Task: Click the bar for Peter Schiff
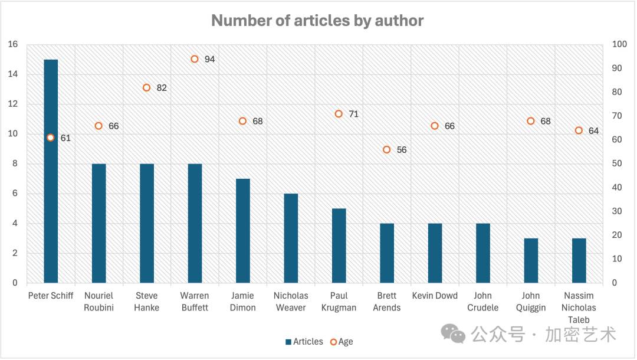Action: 51,171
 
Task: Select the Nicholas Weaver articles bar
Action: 291,238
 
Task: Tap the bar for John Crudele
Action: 483,253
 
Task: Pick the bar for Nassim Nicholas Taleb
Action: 579,260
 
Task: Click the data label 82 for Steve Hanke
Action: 162,88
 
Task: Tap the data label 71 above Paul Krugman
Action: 353,114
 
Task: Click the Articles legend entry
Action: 304,342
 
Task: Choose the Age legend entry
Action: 342,342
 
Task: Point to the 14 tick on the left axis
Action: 12,74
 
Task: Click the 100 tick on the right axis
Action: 619,44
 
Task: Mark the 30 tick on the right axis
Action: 617,211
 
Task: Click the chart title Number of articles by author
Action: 317,21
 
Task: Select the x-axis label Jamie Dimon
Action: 243,302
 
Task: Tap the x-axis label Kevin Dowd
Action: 435,296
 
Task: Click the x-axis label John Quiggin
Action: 531,302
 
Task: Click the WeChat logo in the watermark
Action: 454,333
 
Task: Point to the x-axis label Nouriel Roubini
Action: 98,302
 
